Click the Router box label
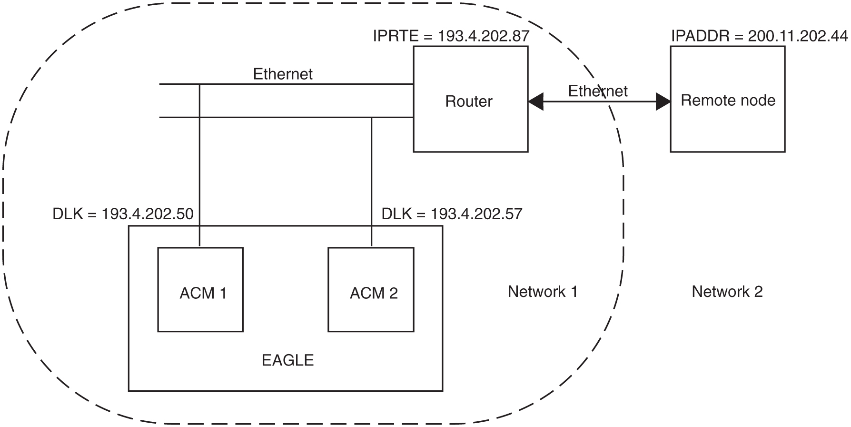pyautogui.click(x=468, y=102)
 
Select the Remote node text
pyautogui.click(x=728, y=101)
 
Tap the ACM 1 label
pyautogui.click(x=203, y=293)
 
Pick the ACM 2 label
pyautogui.click(x=374, y=293)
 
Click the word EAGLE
pyautogui.click(x=287, y=360)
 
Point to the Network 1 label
pyautogui.click(x=543, y=291)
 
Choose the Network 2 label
pyautogui.click(x=727, y=291)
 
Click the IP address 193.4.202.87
pyautogui.click(x=483, y=36)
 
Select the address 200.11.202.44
pyautogui.click(x=798, y=36)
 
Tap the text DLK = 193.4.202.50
pyautogui.click(x=123, y=214)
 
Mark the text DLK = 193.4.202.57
pyautogui.click(x=452, y=214)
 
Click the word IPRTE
pyautogui.click(x=396, y=36)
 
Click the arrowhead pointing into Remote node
pyautogui.click(x=663, y=102)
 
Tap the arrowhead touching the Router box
pyautogui.click(x=535, y=102)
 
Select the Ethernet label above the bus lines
pyautogui.click(x=283, y=74)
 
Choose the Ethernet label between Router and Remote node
pyautogui.click(x=598, y=91)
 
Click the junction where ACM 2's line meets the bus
pyautogui.click(x=372, y=117)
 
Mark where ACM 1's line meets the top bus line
pyautogui.click(x=199, y=84)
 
